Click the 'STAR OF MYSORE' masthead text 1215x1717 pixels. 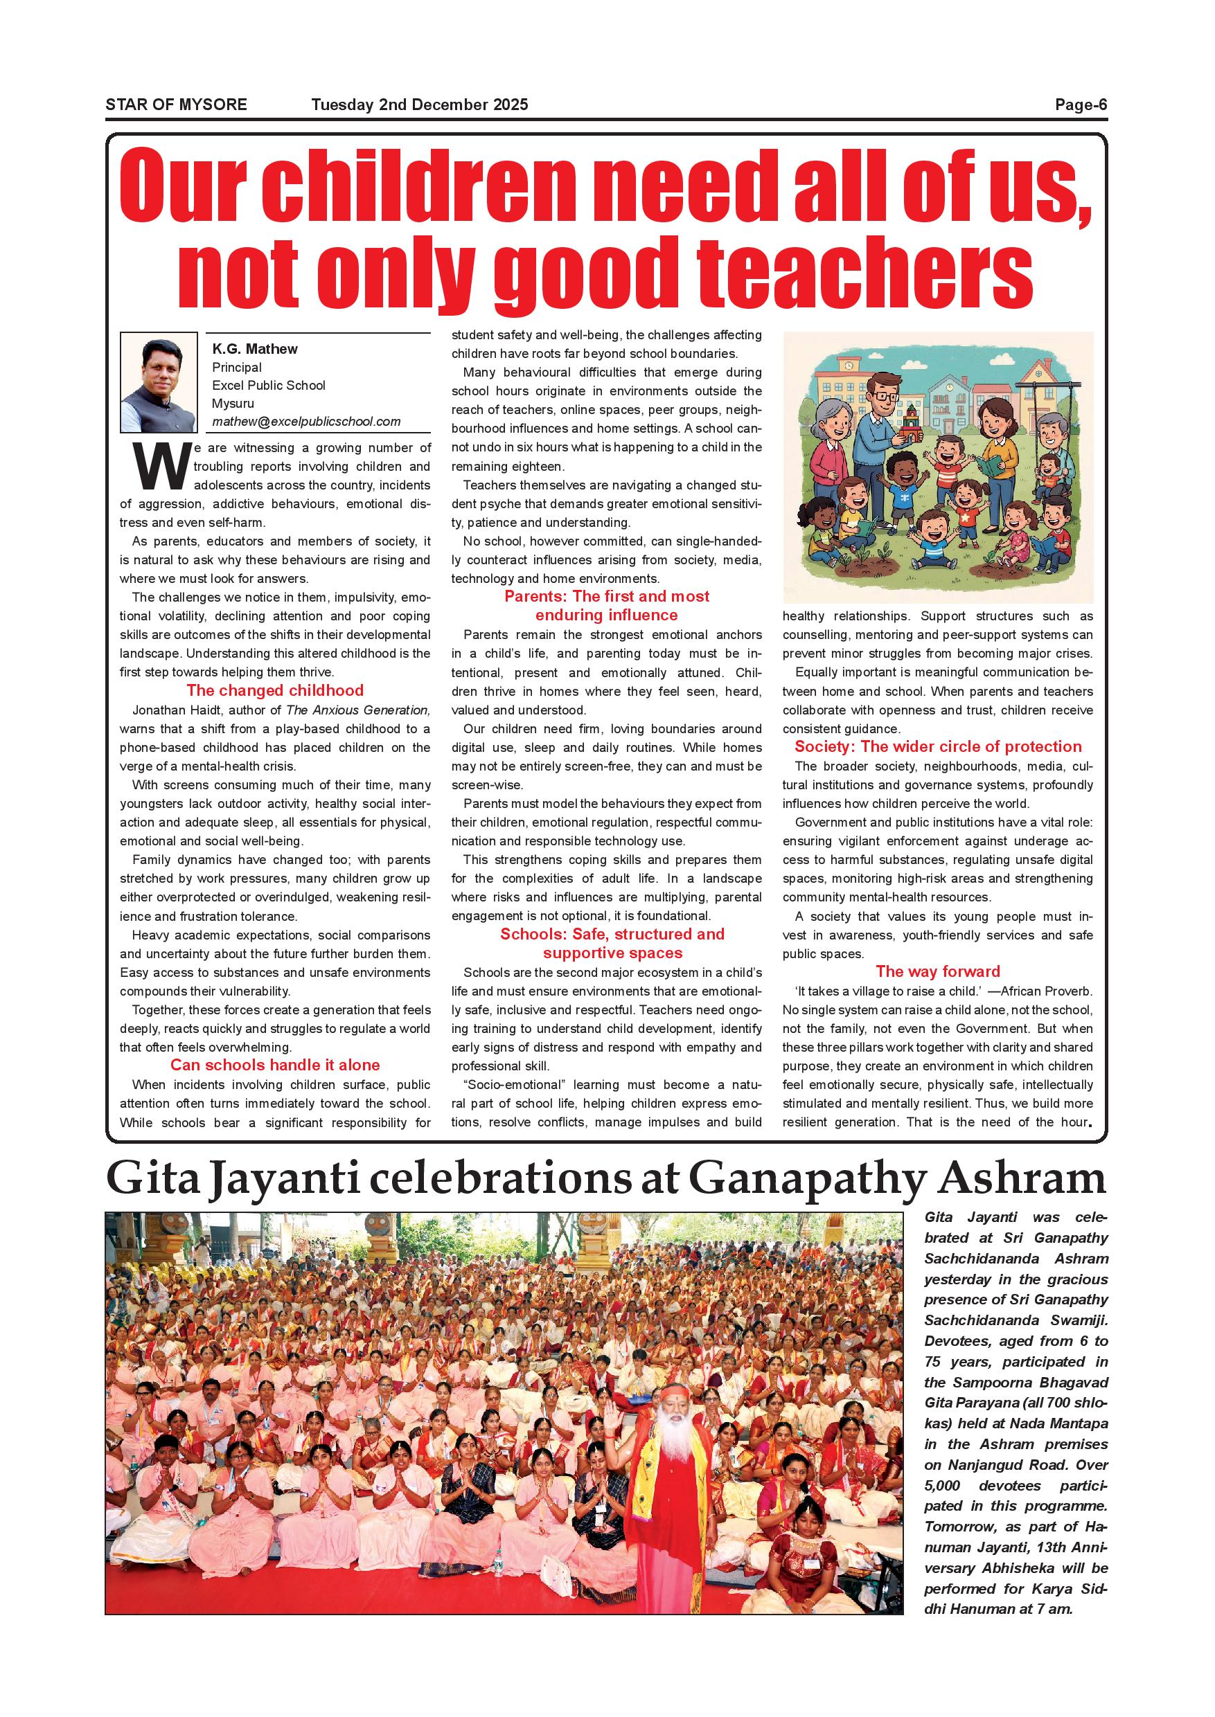(176, 105)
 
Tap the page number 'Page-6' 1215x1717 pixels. (1081, 105)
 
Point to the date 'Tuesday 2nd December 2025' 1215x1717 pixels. (420, 105)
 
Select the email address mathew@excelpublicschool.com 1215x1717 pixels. (306, 422)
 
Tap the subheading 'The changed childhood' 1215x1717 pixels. (274, 690)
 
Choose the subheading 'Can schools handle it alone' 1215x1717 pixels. (274, 1065)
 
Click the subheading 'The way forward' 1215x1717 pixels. (937, 971)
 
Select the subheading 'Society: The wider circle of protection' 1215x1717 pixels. (937, 746)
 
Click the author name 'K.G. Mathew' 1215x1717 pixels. (254, 349)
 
